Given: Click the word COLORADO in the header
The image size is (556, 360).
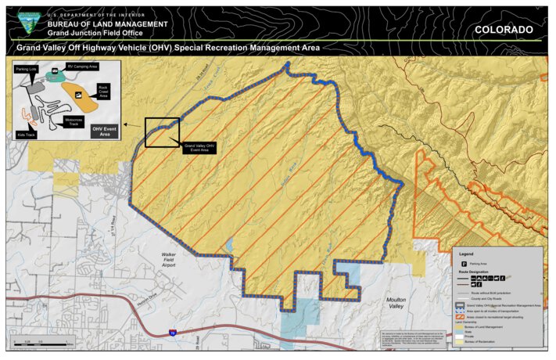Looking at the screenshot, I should coord(504,30).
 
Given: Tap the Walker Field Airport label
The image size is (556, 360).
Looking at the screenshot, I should coord(169,260).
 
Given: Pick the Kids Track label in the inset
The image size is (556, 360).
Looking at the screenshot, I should coord(27,134).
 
